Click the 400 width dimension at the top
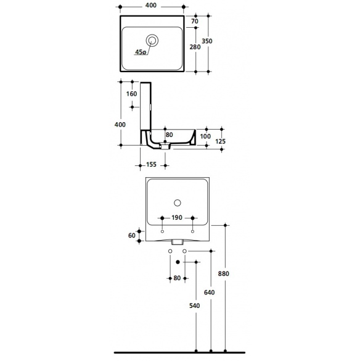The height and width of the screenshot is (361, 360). coord(151,5)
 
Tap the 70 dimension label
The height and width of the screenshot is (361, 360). coord(195,21)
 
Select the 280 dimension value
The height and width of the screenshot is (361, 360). coord(195,47)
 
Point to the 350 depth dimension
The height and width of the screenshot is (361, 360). coord(207,41)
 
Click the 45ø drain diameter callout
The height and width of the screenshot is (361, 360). coord(141,52)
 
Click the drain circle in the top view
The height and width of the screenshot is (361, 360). coord(152,41)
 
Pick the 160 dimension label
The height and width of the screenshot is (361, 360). coord(131,94)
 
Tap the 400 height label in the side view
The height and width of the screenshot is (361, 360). coord(120,125)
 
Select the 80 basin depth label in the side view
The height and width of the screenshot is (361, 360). coord(169,135)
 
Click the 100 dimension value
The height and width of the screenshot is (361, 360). coord(205,136)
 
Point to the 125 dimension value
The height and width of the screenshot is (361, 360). coord(220,141)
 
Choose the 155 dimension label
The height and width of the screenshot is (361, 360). coord(151,165)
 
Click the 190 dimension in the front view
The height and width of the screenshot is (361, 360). coord(177,218)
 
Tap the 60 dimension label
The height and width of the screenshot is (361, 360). coord(132,236)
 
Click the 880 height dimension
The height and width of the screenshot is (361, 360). coord(224,274)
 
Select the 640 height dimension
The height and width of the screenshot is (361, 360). coord(210,293)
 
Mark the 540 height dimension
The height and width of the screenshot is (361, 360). coord(195,305)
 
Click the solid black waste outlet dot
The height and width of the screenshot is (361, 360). coord(178,262)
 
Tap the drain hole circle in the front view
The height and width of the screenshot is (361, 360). coord(178,203)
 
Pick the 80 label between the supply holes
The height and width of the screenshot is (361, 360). coord(177,278)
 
